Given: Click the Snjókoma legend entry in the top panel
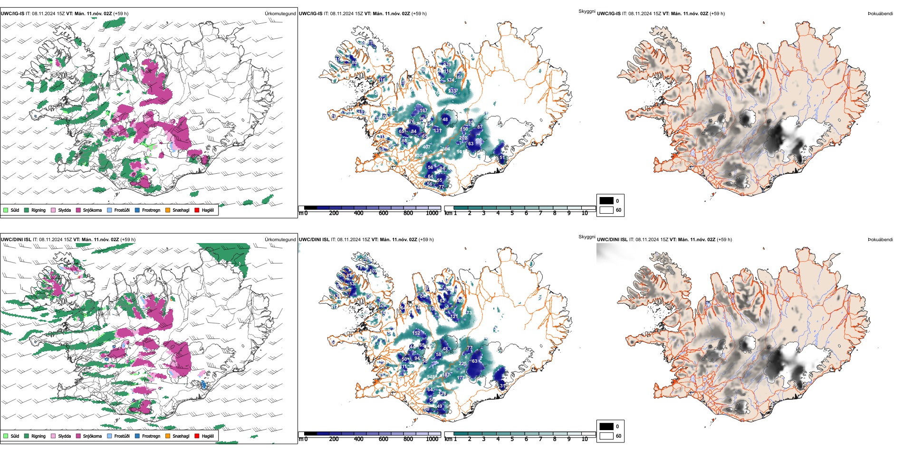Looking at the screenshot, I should [x=92, y=210].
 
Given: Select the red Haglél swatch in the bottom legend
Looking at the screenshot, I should [x=197, y=436].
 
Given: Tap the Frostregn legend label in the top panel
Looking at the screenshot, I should [x=151, y=210].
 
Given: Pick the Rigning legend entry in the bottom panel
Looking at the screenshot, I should [x=38, y=436].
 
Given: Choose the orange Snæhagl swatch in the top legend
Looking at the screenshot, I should [x=168, y=210].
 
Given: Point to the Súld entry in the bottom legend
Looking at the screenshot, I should [x=15, y=436].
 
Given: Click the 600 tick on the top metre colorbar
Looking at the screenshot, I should [x=383, y=213].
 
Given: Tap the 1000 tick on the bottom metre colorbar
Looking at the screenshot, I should [x=432, y=439].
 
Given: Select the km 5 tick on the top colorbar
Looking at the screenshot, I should [x=512, y=213].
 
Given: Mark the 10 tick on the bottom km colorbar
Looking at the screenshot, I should [x=585, y=439].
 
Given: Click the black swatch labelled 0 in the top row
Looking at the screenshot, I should [x=606, y=201].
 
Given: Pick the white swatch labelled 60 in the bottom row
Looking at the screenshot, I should [x=606, y=436].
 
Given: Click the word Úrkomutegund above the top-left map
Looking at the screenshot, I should [x=280, y=13].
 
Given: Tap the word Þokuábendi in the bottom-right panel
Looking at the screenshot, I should [x=880, y=239].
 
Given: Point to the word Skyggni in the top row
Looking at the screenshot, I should [x=586, y=11].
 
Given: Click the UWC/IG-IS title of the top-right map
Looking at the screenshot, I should [x=608, y=13].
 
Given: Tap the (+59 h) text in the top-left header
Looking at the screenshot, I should [x=121, y=13].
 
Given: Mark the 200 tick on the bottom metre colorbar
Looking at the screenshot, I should [x=334, y=439].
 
